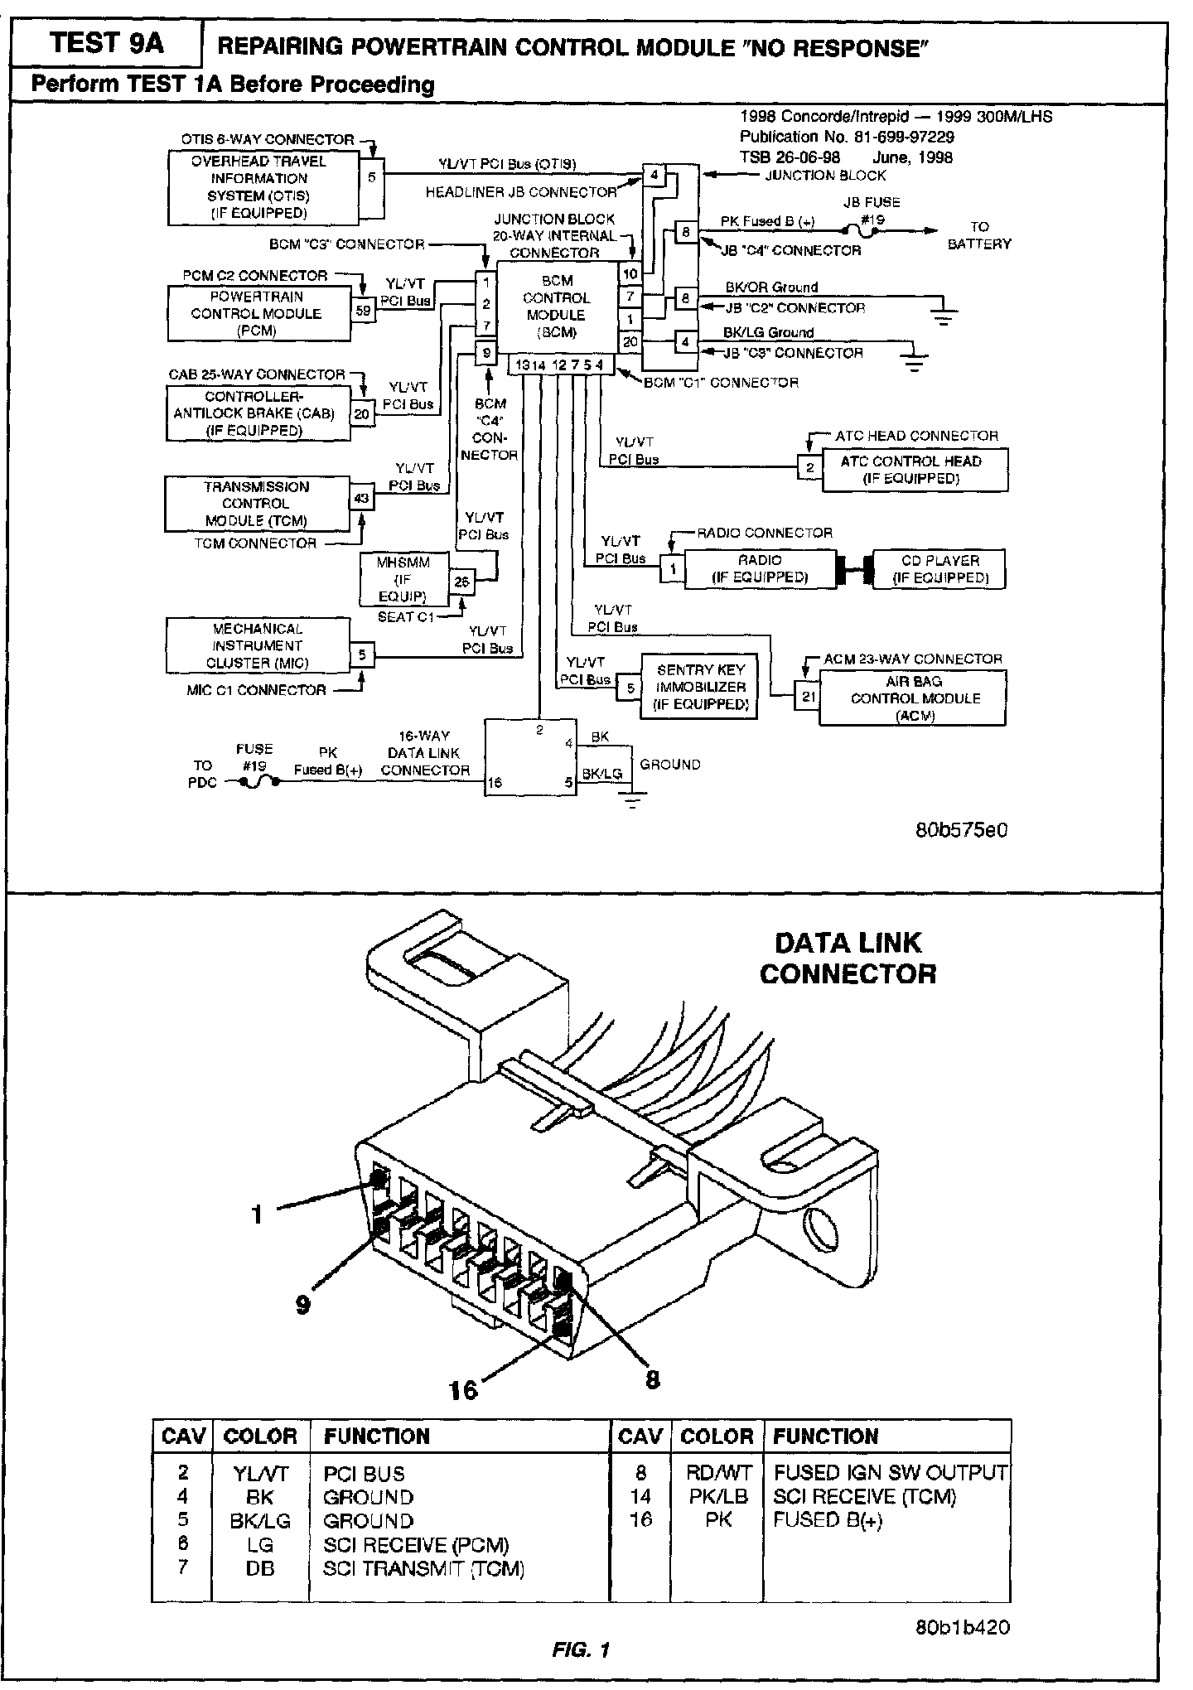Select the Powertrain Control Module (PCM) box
click(x=258, y=313)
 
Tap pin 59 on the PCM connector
click(x=363, y=311)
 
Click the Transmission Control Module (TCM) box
click(x=257, y=504)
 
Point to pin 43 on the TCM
click(x=362, y=498)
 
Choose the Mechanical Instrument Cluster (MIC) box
click(x=257, y=645)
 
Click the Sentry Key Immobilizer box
click(x=700, y=687)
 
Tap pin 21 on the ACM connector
click(x=808, y=698)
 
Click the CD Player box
click(x=939, y=569)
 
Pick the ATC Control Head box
click(x=911, y=470)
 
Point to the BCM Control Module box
click(x=557, y=307)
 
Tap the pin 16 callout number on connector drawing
click(x=464, y=1388)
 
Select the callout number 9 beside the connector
click(x=303, y=1304)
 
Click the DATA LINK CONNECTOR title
click(x=848, y=958)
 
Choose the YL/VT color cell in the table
click(x=259, y=1474)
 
